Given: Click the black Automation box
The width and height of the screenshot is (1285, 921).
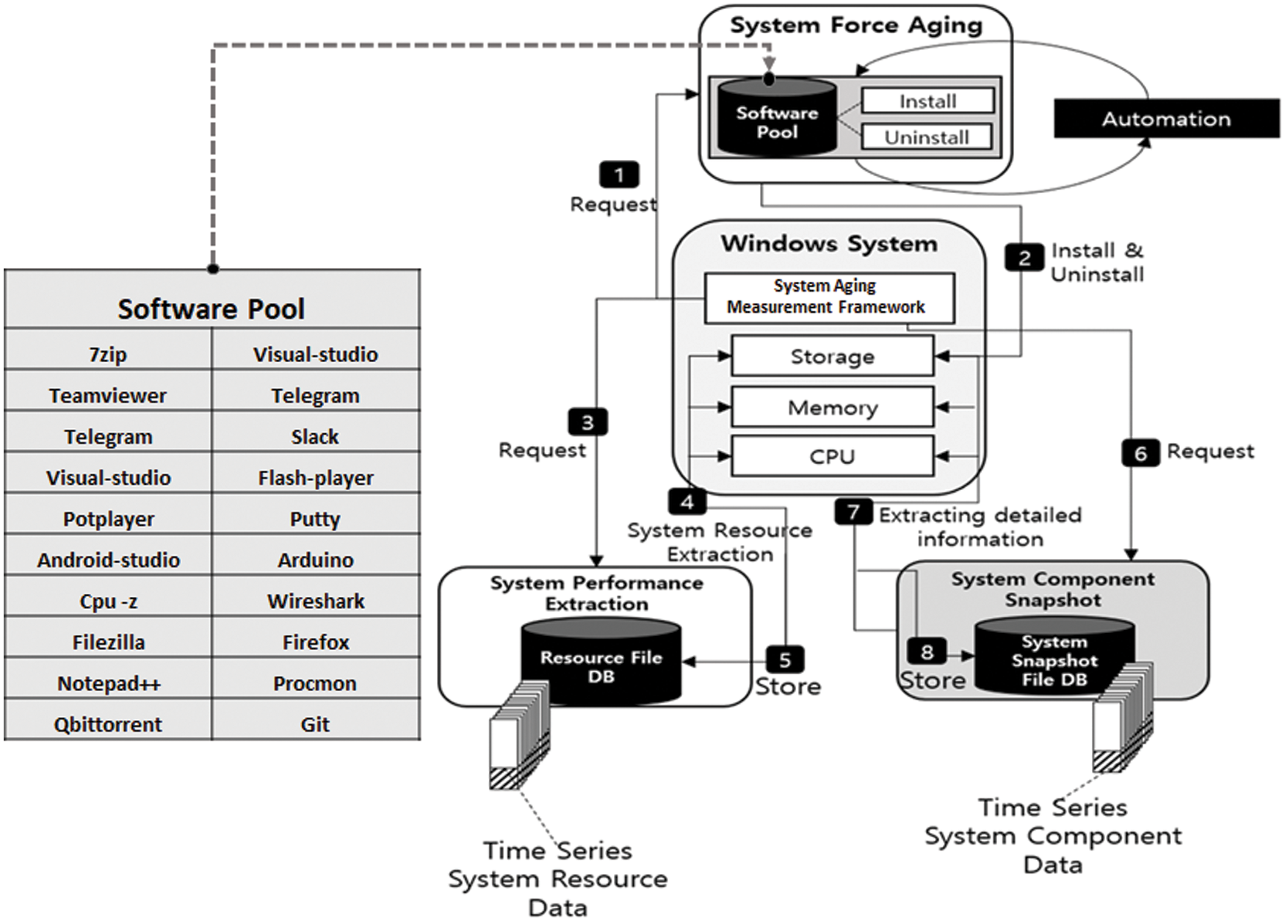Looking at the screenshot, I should [x=1166, y=119].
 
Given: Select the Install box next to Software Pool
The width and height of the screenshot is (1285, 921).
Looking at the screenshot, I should [x=927, y=101].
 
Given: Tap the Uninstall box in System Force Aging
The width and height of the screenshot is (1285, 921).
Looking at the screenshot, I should [x=926, y=137].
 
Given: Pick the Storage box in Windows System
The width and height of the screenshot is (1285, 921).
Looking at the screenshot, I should [x=832, y=356].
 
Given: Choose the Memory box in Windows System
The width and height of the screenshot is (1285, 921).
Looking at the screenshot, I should [x=832, y=407].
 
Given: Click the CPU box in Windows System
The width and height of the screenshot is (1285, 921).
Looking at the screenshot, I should [x=832, y=456].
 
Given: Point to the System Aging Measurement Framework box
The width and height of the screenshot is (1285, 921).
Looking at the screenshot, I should [x=829, y=297].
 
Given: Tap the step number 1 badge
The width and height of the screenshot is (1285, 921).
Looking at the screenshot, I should [x=619, y=176].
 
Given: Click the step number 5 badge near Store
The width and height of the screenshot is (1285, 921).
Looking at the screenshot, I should [x=785, y=660].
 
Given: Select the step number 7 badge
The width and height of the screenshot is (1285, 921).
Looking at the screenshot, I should [x=853, y=512].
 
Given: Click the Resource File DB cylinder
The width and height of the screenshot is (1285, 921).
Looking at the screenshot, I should [x=601, y=661].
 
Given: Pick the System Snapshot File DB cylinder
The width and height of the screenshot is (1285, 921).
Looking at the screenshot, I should [x=1054, y=657].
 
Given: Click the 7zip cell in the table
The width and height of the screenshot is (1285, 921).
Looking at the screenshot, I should [x=108, y=355].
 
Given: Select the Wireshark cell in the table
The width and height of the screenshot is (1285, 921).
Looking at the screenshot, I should [x=316, y=602].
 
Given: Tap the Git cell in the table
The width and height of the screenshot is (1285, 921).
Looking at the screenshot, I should [x=316, y=725].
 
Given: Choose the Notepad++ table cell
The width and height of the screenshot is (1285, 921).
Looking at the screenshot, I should [x=108, y=684].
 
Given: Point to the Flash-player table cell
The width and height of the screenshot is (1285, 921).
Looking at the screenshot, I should [x=316, y=478].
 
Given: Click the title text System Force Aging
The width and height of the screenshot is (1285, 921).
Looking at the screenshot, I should [x=855, y=26].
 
